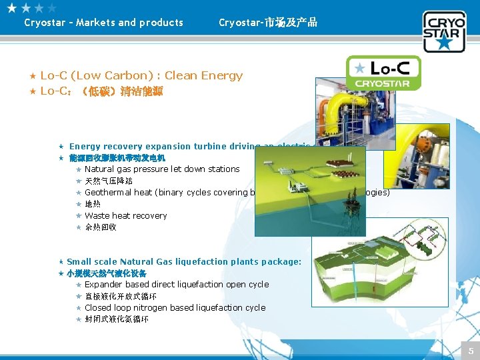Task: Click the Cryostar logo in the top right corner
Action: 443,31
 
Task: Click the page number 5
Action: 471,351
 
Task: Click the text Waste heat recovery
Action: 126,216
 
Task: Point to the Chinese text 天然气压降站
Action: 109,181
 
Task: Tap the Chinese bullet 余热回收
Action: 101,227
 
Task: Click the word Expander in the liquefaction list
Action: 105,285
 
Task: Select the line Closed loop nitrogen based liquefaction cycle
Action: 175,308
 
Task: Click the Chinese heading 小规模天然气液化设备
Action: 107,273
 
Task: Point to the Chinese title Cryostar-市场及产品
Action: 268,23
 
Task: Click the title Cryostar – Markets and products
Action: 103,23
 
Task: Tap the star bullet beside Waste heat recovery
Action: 79,216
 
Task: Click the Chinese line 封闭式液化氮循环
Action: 117,319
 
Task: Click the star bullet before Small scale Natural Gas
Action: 61,262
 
